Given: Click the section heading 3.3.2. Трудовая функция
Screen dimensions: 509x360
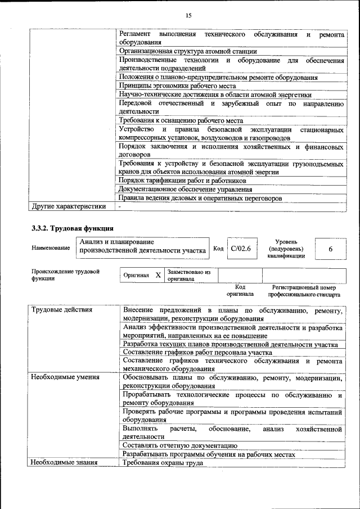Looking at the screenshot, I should coord(72,229).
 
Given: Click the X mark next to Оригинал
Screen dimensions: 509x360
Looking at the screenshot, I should coord(158,275).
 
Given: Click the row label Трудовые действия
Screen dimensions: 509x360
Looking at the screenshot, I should coord(62,310).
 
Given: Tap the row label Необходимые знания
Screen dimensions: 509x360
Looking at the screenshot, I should coord(64,463).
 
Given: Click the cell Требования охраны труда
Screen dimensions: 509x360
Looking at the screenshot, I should coord(163,463).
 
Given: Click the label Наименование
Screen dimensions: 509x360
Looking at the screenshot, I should coord(51,248).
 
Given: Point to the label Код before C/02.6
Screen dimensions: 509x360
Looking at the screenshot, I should coord(219,248).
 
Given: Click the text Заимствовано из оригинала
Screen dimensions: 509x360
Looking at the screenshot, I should coord(188,275).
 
